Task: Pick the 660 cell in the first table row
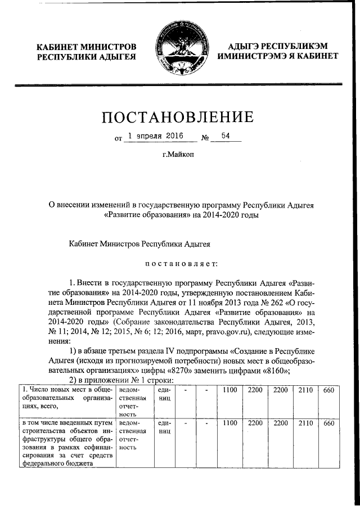328,390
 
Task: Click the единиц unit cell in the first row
165,394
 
